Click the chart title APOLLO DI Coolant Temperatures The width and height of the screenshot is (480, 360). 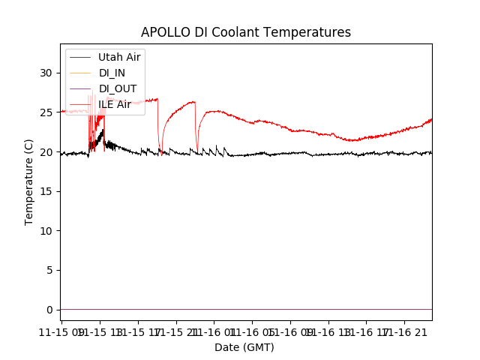click(246, 32)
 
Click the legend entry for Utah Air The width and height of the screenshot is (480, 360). click(119, 57)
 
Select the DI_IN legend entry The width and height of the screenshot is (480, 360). click(112, 73)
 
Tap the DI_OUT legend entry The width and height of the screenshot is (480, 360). click(118, 88)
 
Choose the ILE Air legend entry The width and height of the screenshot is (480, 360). click(115, 104)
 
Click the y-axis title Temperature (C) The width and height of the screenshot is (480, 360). click(29, 181)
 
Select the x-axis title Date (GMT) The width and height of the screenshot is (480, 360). click(244, 347)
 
